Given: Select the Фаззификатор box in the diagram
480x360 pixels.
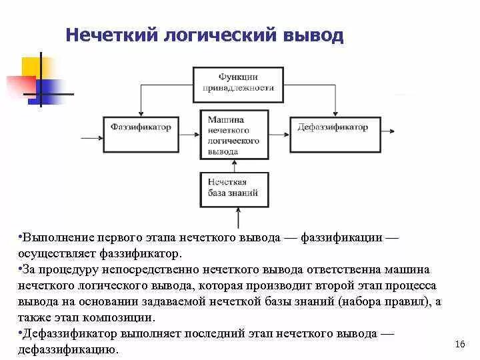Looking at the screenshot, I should [x=141, y=127].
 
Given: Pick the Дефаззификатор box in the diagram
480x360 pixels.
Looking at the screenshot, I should [x=333, y=127].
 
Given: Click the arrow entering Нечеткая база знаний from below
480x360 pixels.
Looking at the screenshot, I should [x=238, y=217].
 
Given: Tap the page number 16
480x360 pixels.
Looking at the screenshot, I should [x=459, y=344].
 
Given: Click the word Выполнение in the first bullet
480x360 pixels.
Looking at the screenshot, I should [x=56, y=239].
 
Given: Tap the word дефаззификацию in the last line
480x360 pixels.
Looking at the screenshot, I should [x=68, y=349].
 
